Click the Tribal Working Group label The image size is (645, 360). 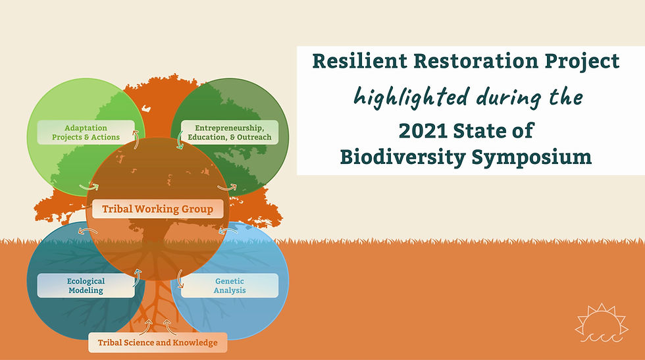pyautogui.click(x=157, y=209)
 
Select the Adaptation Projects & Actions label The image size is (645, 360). pyautogui.click(x=86, y=132)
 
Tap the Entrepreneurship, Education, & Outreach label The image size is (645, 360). pyautogui.click(x=230, y=132)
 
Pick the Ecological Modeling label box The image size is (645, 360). pyautogui.click(x=86, y=286)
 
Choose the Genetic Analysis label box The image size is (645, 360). pyautogui.click(x=230, y=286)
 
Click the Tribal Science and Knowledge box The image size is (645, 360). pyautogui.click(x=157, y=343)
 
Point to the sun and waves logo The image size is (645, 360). pyautogui.click(x=602, y=323)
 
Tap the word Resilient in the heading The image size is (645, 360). pyautogui.click(x=359, y=61)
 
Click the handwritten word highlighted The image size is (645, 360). pyautogui.click(x=411, y=97)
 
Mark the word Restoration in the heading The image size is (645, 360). pyautogui.click(x=475, y=61)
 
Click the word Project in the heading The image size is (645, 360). pyautogui.click(x=582, y=62)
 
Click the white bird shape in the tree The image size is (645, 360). pyautogui.click(x=146, y=109)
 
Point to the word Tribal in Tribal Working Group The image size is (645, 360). pyautogui.click(x=117, y=209)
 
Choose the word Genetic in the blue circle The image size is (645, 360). pyautogui.click(x=230, y=281)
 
